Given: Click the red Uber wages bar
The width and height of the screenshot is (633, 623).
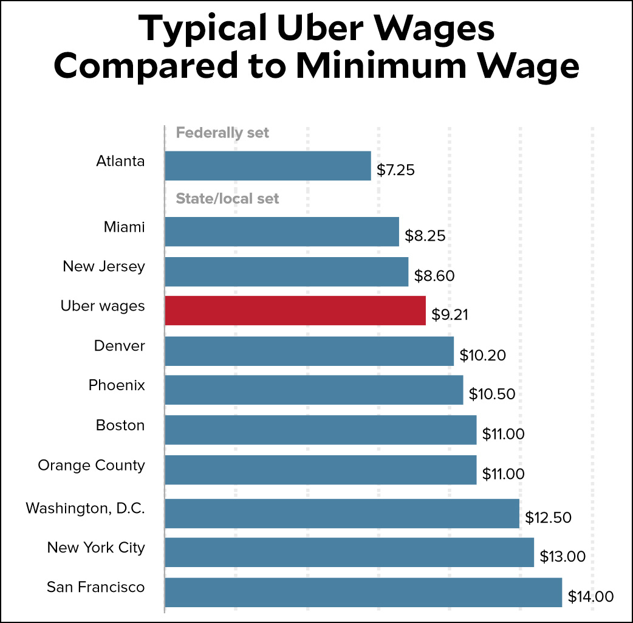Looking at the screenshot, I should [295, 311].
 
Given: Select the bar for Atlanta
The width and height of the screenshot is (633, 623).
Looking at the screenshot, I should [267, 166].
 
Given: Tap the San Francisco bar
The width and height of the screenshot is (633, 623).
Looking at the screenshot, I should [363, 593].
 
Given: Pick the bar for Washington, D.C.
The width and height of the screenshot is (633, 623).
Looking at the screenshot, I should [341, 514].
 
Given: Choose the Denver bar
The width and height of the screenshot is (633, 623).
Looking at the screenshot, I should [309, 351].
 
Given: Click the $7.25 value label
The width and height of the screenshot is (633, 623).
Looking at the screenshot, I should [395, 170].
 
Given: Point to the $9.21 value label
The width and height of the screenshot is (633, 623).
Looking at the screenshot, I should [450, 314].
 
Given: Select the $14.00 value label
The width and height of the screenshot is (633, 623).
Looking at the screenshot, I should [590, 596].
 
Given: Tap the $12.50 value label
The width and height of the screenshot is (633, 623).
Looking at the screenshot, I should [549, 517].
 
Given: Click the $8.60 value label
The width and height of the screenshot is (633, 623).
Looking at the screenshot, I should [434, 275].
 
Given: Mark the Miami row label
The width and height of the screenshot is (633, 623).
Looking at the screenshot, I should [124, 227].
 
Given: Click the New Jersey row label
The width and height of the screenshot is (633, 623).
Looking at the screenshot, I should [104, 266].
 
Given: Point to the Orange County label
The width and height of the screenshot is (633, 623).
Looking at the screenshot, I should [91, 466].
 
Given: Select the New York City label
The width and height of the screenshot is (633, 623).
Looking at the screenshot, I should [96, 548].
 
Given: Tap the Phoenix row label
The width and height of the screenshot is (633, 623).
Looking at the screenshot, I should [117, 385].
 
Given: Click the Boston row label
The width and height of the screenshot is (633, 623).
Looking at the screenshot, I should [120, 425].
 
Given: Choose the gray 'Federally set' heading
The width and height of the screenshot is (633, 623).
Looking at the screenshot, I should [222, 133].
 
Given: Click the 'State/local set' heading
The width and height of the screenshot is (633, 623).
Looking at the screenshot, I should [227, 199].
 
